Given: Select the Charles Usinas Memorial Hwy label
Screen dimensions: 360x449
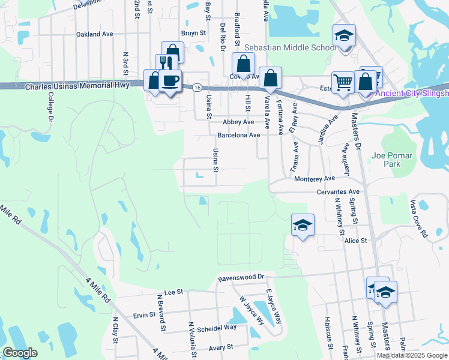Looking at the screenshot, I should click(x=77, y=86).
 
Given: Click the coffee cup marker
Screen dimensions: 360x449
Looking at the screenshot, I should click(x=170, y=81).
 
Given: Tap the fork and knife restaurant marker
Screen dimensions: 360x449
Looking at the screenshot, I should click(x=166, y=64).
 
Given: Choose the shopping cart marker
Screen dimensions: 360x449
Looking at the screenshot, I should click(x=343, y=82).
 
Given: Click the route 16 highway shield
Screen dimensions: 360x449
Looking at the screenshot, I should click(x=197, y=87).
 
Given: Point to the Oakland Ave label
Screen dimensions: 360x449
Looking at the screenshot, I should click(x=94, y=34).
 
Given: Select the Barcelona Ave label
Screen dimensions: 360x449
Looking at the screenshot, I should click(x=238, y=135).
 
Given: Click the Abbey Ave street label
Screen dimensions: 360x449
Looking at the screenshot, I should click(x=239, y=122).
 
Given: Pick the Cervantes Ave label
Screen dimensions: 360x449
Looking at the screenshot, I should click(x=337, y=192).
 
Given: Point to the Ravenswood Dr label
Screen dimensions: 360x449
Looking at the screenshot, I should click(x=241, y=278).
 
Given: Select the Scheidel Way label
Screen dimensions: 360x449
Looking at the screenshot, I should click(x=217, y=328).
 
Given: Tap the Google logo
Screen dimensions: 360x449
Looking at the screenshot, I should click(x=20, y=353).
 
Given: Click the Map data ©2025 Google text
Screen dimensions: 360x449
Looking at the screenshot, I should click(x=412, y=355).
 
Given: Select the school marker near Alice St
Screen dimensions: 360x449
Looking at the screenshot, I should click(x=303, y=225).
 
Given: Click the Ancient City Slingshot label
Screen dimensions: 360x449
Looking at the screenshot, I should click(x=411, y=94).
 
